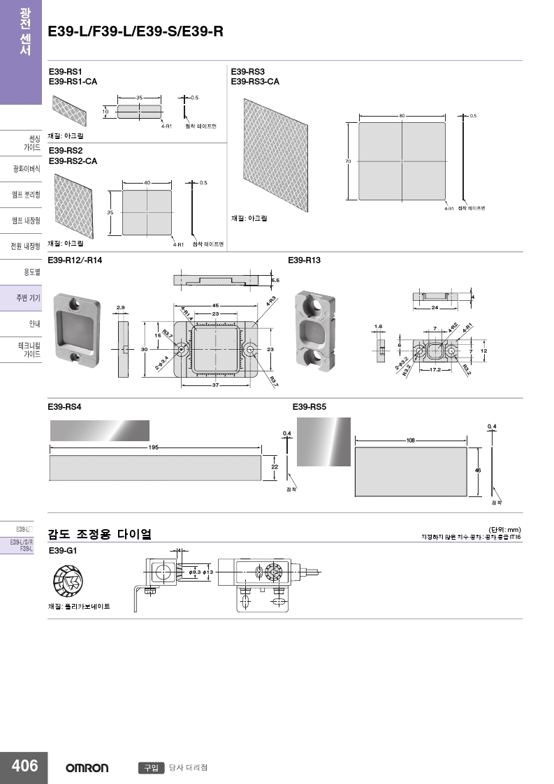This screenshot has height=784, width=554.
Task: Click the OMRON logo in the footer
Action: [x=87, y=768]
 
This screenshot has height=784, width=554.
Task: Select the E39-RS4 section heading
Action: [x=64, y=406]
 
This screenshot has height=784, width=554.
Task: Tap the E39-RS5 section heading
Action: [x=309, y=406]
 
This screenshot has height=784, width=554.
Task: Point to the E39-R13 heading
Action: [x=304, y=260]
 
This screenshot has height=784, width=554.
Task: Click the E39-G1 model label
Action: [x=62, y=551]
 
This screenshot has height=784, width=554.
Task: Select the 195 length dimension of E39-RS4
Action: [x=153, y=447]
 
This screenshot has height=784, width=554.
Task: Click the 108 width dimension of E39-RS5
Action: [x=410, y=441]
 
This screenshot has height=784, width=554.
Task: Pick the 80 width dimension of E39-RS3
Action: [x=402, y=115]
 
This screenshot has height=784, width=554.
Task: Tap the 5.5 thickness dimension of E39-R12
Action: [x=275, y=280]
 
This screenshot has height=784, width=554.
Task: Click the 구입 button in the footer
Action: [x=150, y=768]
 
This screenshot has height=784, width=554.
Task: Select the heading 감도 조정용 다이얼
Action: [x=99, y=535]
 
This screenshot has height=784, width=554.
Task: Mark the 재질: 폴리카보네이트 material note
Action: [x=79, y=606]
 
